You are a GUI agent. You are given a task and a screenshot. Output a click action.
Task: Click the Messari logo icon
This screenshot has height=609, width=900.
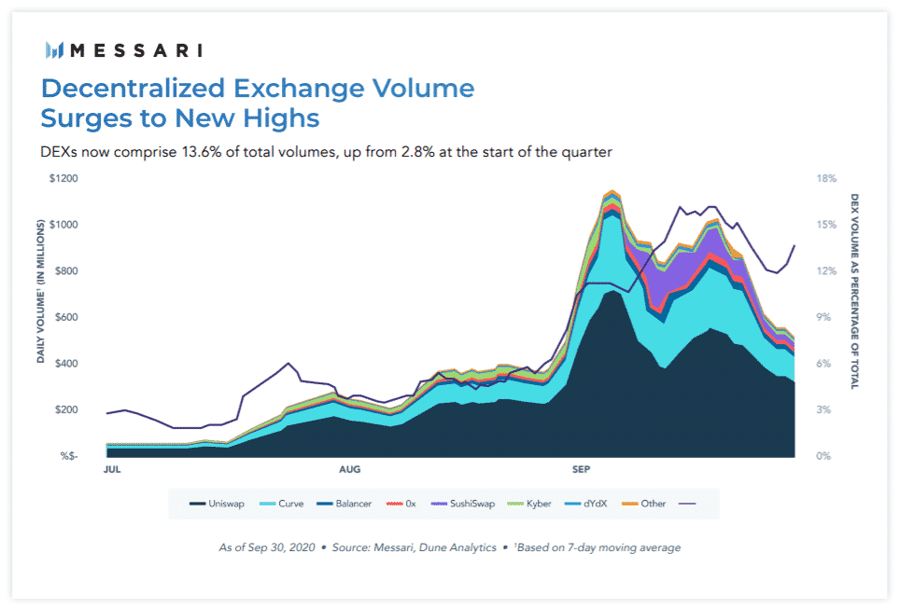[54, 49]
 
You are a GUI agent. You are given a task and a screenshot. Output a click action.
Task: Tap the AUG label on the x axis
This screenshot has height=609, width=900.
[349, 469]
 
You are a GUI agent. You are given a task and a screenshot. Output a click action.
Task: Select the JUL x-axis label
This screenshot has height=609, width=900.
[112, 469]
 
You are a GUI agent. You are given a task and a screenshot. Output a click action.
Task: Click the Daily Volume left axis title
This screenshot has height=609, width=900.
[41, 292]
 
